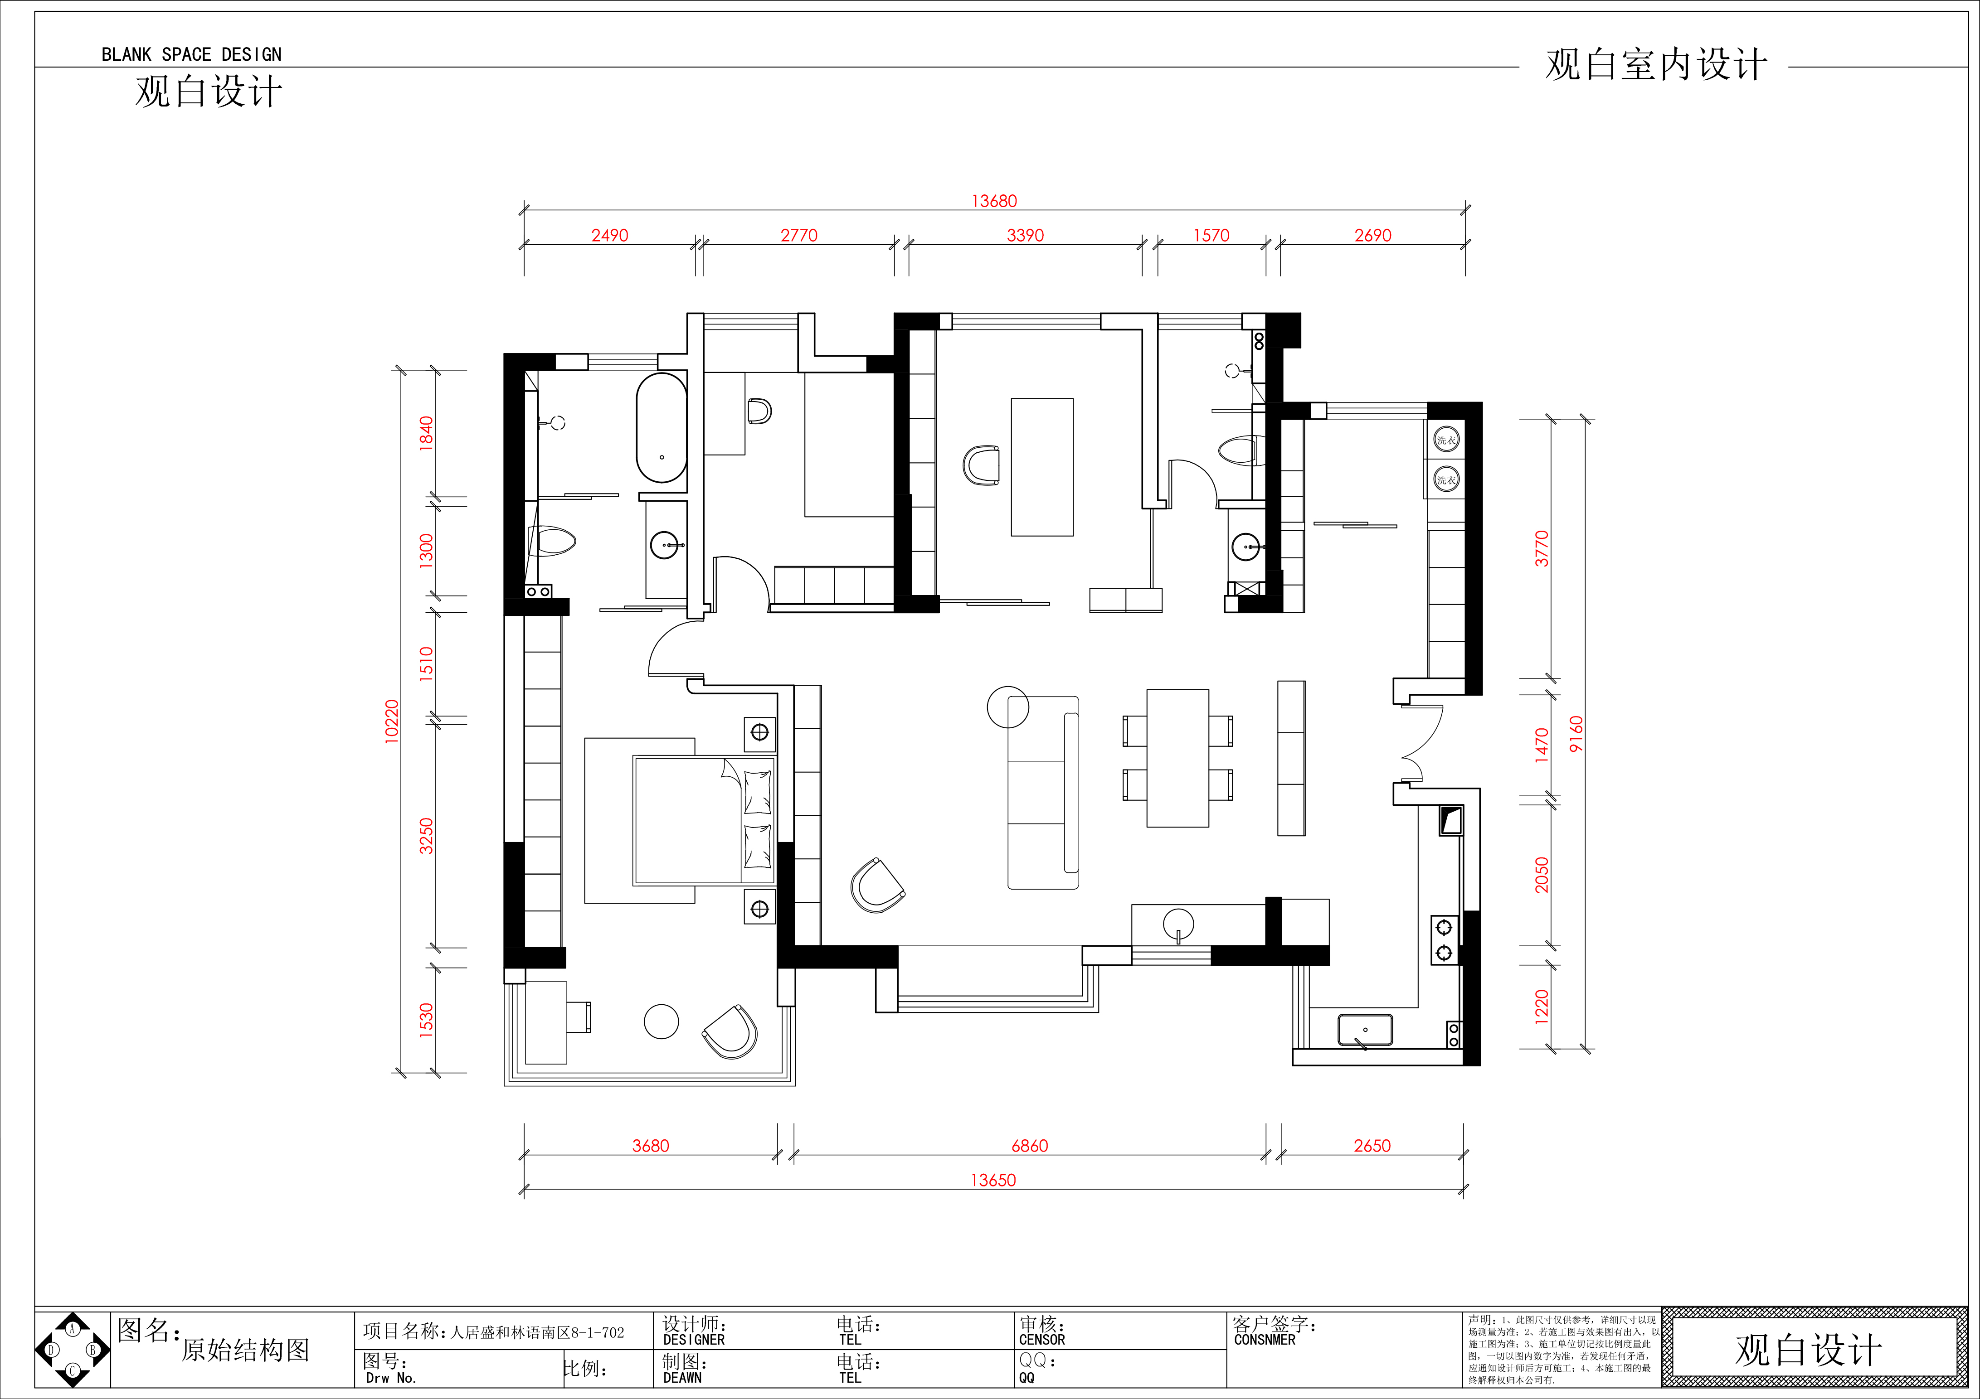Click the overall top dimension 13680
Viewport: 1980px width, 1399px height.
(x=994, y=201)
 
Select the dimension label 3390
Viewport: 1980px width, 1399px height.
(x=1025, y=235)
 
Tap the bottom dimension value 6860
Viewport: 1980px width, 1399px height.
(x=1030, y=1146)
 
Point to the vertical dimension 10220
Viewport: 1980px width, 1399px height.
(x=392, y=721)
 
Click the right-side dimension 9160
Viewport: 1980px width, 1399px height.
(x=1576, y=735)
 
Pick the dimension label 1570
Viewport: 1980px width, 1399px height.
(x=1211, y=235)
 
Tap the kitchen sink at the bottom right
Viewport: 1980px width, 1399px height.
(x=1365, y=1030)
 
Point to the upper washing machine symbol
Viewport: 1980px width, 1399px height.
(x=1446, y=440)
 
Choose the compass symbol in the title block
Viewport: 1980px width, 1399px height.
(x=73, y=1350)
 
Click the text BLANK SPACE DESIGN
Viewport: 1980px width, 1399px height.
(x=191, y=54)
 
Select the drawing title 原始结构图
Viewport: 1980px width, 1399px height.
(x=246, y=1350)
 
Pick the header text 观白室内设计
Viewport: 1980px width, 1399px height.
(x=1656, y=66)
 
